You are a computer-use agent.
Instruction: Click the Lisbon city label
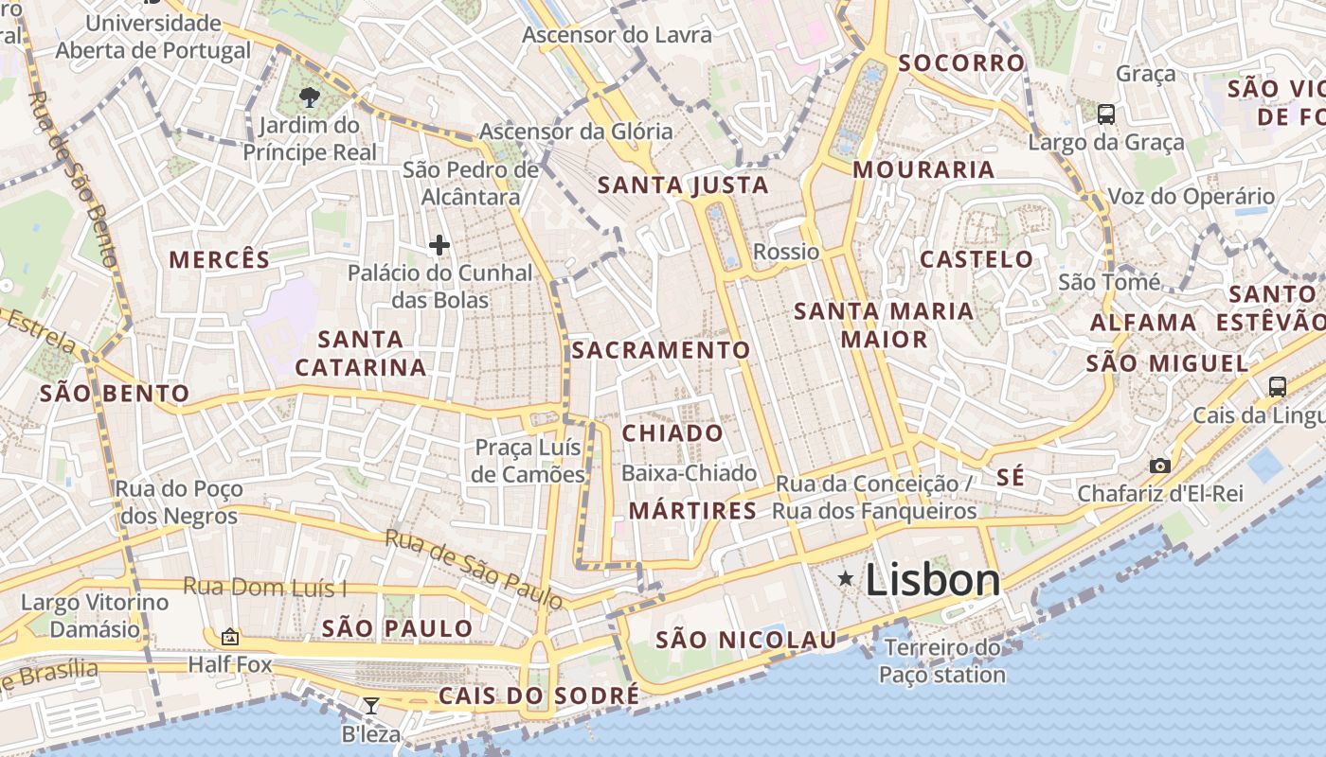pos(932,580)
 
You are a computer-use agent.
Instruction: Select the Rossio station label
pos(786,252)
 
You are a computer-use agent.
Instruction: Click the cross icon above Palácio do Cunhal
pos(439,246)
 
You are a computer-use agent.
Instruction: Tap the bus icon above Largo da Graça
pos(1105,114)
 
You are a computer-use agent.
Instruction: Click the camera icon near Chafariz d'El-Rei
pos(1159,466)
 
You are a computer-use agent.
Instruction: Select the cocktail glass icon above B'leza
pos(370,705)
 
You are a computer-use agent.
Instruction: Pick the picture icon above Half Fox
pos(229,637)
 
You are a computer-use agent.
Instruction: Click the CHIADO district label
pos(672,433)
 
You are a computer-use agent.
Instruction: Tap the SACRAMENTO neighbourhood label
pos(661,350)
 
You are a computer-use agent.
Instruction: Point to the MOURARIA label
pos(923,170)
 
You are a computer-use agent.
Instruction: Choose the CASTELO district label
pos(977,259)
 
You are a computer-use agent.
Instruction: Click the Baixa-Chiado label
pos(690,473)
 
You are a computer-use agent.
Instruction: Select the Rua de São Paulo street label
pos(474,568)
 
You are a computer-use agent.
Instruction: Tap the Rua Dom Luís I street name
pos(265,587)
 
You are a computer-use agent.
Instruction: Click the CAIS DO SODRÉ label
pos(539,696)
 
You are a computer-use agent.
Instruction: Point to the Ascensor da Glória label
pos(576,132)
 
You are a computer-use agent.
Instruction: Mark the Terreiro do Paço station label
pos(942,661)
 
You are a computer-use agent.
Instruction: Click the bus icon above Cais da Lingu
pos(1277,386)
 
